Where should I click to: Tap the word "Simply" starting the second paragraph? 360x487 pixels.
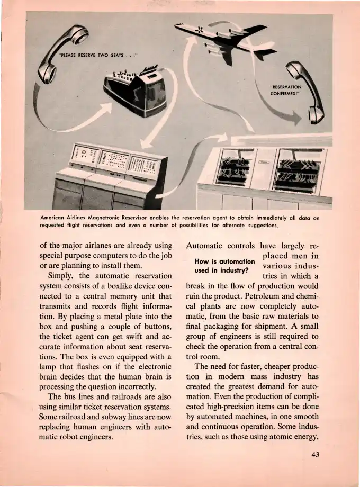coord(62,276)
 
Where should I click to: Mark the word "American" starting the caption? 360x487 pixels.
coord(56,217)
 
